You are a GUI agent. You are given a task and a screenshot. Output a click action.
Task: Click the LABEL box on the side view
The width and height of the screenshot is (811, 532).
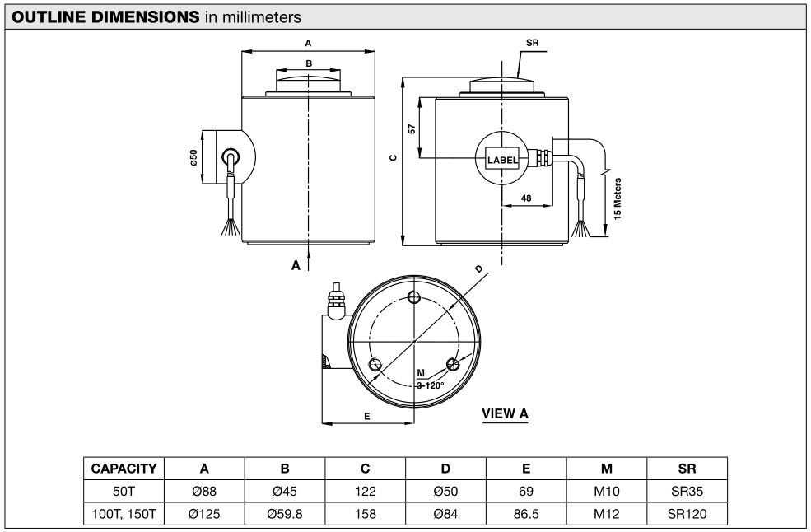pos(501,160)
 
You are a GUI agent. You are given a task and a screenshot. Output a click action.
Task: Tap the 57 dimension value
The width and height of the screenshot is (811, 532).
pos(412,128)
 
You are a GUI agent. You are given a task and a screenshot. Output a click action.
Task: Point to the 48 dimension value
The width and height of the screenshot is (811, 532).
pos(526,198)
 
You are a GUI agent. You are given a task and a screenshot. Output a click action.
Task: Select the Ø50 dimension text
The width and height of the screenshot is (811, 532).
pos(193,157)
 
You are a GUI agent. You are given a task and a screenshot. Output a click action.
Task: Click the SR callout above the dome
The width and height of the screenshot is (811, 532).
pos(532,43)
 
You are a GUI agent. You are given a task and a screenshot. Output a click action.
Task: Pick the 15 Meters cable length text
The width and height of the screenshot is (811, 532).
pos(618,198)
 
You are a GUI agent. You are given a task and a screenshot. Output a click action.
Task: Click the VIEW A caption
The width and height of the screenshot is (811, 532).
pos(505,413)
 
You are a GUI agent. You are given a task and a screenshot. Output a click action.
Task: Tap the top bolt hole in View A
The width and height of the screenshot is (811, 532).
pos(414,297)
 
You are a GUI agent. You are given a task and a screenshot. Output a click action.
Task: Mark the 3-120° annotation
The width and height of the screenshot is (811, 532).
pos(431,385)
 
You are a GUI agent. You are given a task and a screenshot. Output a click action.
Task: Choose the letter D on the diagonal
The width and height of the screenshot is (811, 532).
pos(479,268)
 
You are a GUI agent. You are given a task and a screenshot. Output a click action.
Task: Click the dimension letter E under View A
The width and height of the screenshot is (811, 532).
pos(367,416)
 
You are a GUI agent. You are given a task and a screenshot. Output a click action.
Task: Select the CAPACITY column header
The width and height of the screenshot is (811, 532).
pos(124,469)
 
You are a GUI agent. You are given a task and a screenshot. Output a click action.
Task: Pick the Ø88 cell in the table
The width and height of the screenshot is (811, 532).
pos(204,491)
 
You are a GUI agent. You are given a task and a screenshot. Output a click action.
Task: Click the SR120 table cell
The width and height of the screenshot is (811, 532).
pos(687,514)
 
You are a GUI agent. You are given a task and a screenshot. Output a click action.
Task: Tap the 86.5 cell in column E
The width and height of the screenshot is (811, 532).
pos(526,514)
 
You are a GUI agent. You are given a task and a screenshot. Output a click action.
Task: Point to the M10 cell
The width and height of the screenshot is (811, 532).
pos(607,491)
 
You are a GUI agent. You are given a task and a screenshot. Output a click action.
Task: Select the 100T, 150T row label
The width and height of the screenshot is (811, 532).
pos(124,514)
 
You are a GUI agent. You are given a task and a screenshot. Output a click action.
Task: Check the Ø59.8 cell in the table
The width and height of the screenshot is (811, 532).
pos(285,514)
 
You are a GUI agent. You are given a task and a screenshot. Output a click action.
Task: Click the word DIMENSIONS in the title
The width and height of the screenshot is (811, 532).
pos(146,17)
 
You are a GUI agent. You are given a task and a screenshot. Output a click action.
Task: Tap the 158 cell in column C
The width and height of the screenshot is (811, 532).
pos(366,514)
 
